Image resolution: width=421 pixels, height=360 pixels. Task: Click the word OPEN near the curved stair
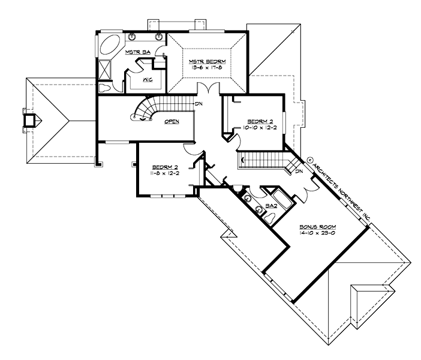coord(173,121)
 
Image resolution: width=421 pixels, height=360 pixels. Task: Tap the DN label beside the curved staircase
coord(199,103)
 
